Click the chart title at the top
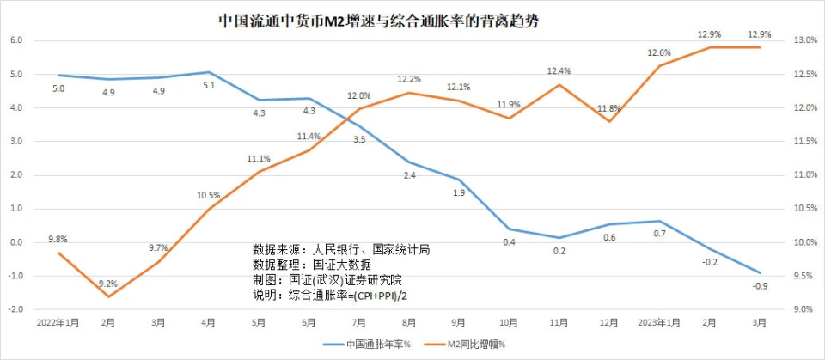pyautogui.click(x=379, y=21)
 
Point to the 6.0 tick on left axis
pyautogui.click(x=15, y=41)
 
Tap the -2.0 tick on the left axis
pyautogui.click(x=15, y=309)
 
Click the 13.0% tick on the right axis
pyautogui.click(x=805, y=41)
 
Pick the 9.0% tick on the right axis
pyautogui.click(x=805, y=309)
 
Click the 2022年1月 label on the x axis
pyautogui.click(x=58, y=323)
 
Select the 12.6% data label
pyautogui.click(x=659, y=53)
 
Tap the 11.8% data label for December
pyautogui.click(x=608, y=108)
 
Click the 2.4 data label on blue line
pyautogui.click(x=409, y=175)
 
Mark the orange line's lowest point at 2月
pyautogui.click(x=108, y=296)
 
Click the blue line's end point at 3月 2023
pyautogui.click(x=760, y=272)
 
